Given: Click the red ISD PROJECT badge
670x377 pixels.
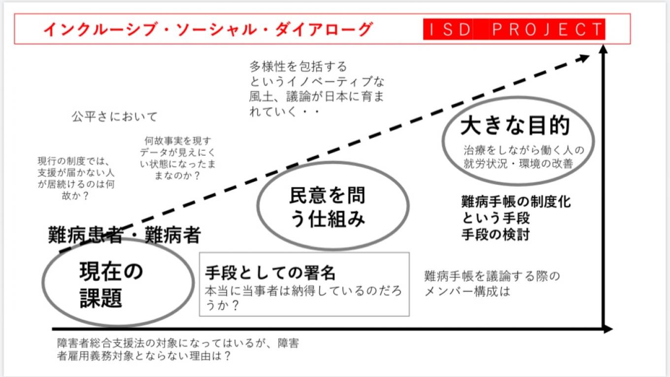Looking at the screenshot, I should (x=514, y=30).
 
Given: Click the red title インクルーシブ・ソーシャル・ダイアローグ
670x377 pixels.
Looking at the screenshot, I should (x=207, y=30).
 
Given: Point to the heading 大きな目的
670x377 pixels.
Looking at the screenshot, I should (x=515, y=126).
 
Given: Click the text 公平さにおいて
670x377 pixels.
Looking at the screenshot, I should (x=114, y=117).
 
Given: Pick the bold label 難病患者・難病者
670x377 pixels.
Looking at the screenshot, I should (x=124, y=236).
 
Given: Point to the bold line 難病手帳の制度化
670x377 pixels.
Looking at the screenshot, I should (x=516, y=202).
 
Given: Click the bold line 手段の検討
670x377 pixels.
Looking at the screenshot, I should (x=495, y=235).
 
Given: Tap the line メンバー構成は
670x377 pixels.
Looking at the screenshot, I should (x=467, y=291).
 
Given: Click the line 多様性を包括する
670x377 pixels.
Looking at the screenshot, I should (x=298, y=67).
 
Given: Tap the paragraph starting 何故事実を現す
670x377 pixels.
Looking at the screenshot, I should (x=177, y=158).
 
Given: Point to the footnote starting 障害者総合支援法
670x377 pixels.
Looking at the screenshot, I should (x=177, y=349).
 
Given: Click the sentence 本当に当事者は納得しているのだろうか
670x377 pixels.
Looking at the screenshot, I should (x=303, y=298).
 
